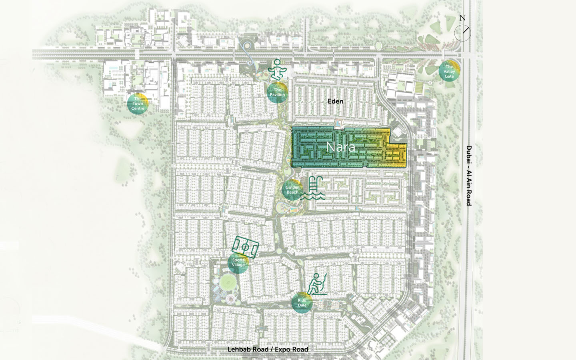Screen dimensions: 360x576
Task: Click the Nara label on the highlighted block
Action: click(340, 147)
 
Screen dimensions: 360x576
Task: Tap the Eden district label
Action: click(335, 101)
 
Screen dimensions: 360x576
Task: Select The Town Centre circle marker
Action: click(138, 104)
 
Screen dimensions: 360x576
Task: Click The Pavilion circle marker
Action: click(277, 93)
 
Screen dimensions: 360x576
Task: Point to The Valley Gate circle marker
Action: click(449, 71)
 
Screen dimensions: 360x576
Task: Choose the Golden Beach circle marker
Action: click(292, 190)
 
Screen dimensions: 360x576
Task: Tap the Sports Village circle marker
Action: click(238, 262)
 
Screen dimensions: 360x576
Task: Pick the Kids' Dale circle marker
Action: click(302, 303)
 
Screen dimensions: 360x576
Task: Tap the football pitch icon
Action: click(245, 246)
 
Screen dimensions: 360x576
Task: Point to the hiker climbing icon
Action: click(317, 284)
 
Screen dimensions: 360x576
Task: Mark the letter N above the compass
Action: click(462, 18)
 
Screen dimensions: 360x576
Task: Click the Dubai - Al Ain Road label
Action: click(469, 176)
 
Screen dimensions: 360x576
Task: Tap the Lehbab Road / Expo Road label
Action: click(268, 349)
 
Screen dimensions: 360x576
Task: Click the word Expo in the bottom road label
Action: click(283, 349)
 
